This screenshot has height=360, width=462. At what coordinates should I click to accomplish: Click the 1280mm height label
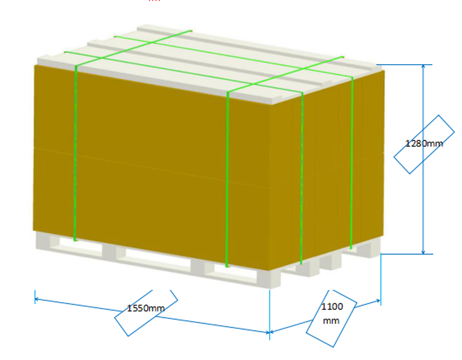(424, 143)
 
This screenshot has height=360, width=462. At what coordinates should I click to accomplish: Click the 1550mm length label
(146, 308)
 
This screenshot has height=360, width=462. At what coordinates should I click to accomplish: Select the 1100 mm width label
(331, 313)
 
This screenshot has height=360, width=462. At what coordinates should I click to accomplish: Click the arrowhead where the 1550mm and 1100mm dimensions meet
(270, 332)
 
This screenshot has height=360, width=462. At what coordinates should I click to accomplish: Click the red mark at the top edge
(154, 1)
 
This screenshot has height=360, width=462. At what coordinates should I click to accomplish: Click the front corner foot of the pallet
(270, 279)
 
